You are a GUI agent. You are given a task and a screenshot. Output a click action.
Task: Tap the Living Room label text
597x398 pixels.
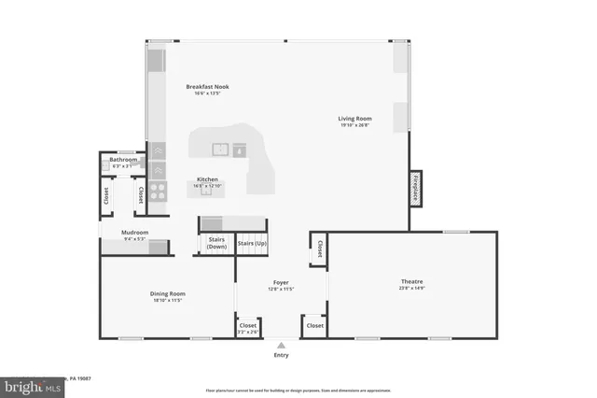coord(354,119)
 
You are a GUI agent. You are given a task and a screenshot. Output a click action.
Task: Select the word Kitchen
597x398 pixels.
coord(207,178)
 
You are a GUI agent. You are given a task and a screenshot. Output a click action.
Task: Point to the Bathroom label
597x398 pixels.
coord(123,160)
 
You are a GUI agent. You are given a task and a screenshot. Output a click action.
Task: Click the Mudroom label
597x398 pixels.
coord(135,233)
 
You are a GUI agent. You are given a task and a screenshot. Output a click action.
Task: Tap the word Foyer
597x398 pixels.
coord(281,282)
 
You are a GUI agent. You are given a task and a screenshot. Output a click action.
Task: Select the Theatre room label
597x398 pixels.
coord(412,281)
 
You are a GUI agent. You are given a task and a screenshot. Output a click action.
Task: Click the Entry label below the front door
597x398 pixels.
coord(281,355)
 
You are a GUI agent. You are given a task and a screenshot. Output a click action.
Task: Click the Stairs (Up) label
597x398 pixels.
coord(250,243)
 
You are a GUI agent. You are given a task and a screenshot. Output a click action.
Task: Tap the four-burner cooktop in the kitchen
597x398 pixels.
coord(158,192)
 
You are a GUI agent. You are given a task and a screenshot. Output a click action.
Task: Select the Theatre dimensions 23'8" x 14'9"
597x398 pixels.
coord(412,288)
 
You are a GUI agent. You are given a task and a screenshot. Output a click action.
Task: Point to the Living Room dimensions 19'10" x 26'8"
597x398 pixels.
coord(354,125)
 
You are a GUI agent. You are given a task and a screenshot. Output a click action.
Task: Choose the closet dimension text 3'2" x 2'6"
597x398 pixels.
coord(247,332)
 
